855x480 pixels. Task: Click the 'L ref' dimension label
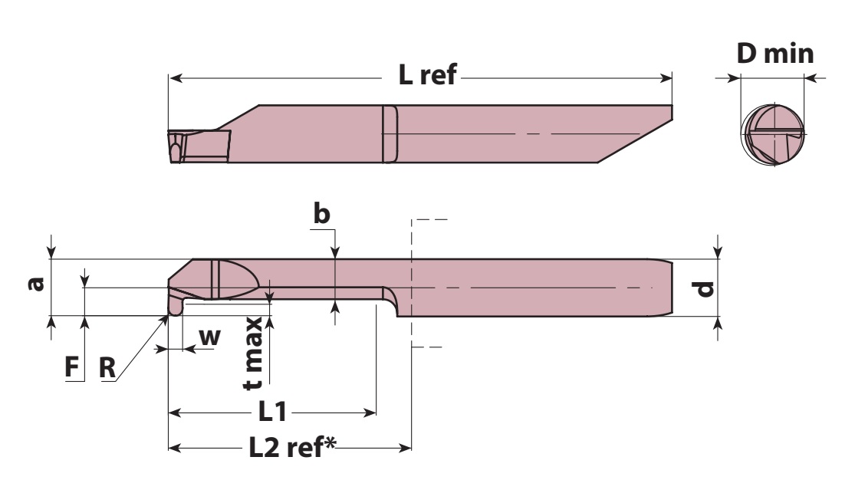[x=428, y=74]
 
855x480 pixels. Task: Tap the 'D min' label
[x=774, y=54]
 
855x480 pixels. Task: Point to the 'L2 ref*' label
[x=292, y=447]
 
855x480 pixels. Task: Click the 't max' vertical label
[x=253, y=353]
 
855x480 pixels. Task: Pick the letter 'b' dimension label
[x=322, y=213]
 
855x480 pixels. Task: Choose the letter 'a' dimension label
[x=36, y=284]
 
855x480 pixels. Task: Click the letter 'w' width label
[x=210, y=337]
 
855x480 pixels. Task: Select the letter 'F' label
[x=72, y=367]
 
